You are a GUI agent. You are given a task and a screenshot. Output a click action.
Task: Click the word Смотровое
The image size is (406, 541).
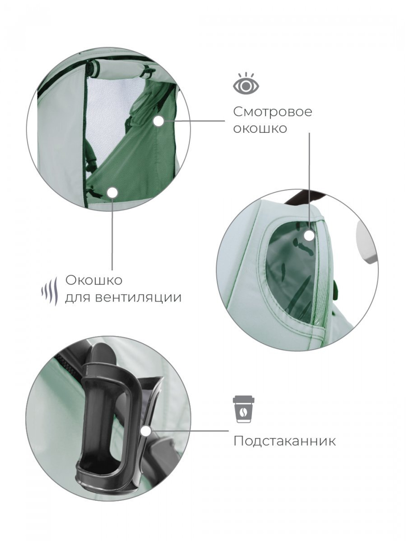click(x=272, y=112)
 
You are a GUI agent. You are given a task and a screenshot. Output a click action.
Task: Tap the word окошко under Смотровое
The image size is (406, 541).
click(x=260, y=128)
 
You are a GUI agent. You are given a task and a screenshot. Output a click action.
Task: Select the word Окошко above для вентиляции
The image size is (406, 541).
click(x=94, y=280)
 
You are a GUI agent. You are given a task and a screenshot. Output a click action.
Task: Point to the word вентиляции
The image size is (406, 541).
click(x=138, y=297)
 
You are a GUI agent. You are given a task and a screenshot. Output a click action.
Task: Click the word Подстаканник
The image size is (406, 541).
click(x=285, y=441)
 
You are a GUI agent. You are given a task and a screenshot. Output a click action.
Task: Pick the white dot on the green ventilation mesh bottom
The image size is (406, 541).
click(x=112, y=192)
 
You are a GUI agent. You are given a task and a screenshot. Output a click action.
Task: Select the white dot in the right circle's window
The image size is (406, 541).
click(x=309, y=236)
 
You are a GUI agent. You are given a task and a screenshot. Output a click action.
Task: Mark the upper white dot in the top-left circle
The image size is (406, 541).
click(x=159, y=121)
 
